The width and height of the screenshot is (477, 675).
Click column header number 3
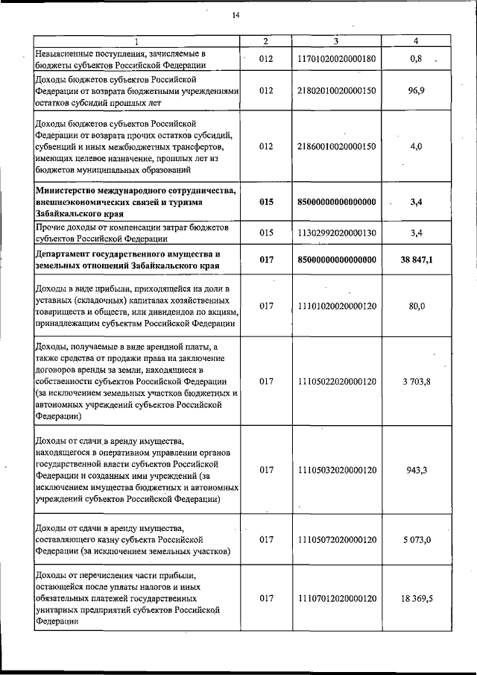click(337, 40)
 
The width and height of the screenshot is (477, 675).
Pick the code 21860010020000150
click(336, 147)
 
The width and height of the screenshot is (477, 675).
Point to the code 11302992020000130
click(336, 233)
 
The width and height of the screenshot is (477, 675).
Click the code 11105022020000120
click(336, 382)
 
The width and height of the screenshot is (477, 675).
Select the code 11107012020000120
click(336, 598)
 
